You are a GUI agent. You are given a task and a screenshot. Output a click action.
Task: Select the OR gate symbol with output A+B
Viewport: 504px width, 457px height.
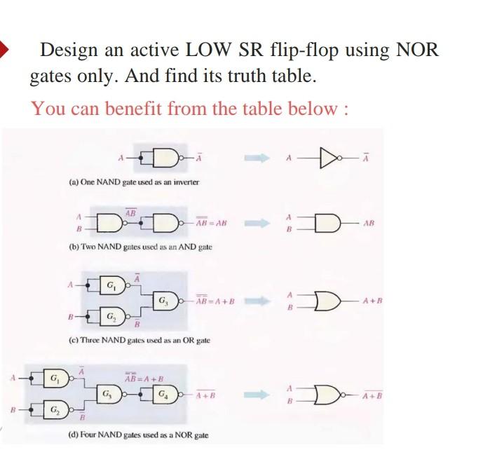[x=327, y=301]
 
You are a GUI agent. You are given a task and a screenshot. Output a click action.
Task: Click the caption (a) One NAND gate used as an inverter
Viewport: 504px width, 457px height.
[x=134, y=182]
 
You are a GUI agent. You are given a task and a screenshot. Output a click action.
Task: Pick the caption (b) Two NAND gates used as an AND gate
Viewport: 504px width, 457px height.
[x=140, y=247]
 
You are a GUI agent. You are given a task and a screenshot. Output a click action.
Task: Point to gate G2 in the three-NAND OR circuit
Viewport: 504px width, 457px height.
[x=113, y=316]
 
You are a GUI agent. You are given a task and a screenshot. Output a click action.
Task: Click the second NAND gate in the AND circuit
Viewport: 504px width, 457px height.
[x=165, y=224]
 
